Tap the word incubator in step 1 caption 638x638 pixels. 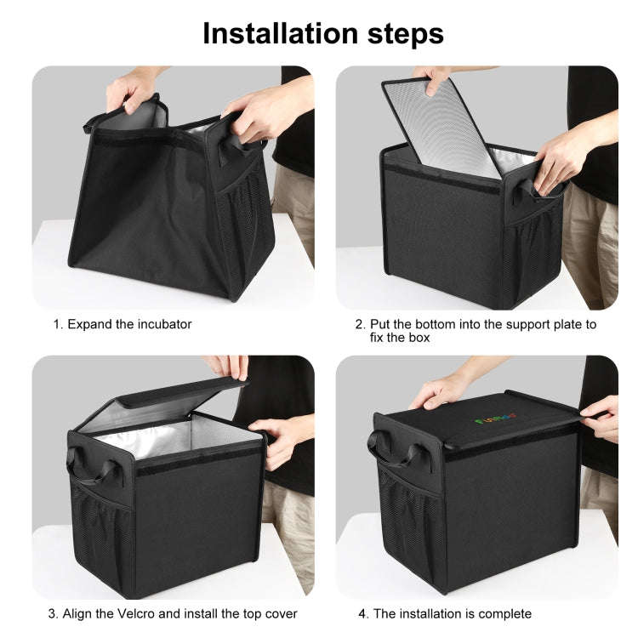162,324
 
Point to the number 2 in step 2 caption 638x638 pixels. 359,324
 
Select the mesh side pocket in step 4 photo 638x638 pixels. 399,519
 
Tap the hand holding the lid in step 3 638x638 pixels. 228,367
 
